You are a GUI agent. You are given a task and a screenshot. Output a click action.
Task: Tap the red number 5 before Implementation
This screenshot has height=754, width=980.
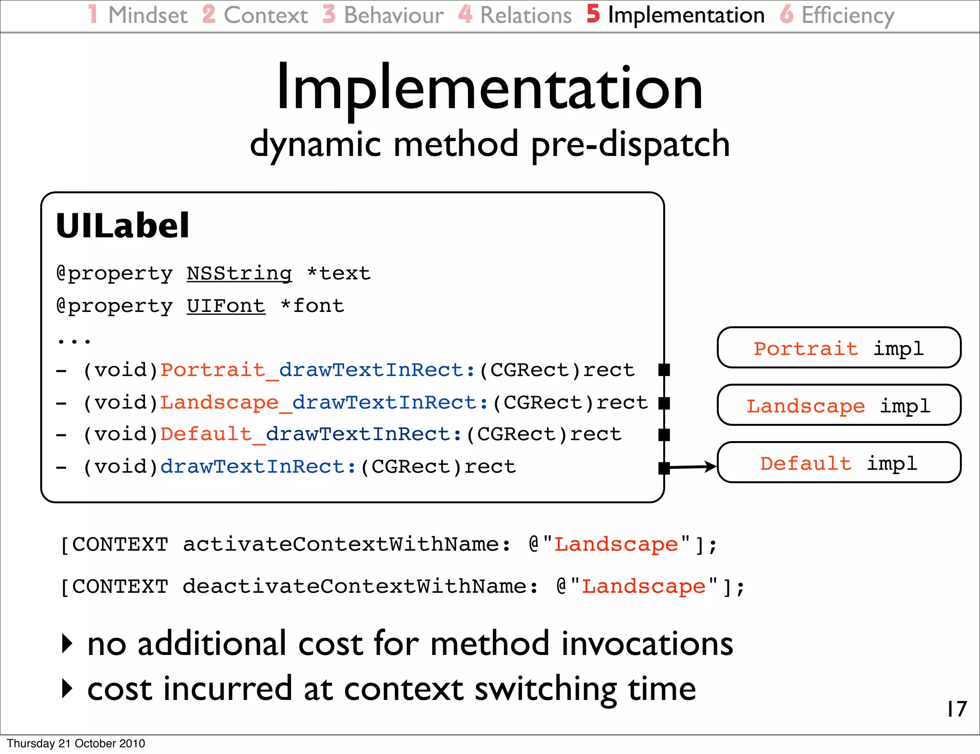(593, 14)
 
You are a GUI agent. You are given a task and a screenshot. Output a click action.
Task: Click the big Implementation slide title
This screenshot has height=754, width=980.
(490, 89)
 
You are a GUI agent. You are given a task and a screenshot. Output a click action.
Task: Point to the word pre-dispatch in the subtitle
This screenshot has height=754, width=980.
(630, 144)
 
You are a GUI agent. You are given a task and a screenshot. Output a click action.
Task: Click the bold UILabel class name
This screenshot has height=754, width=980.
(122, 226)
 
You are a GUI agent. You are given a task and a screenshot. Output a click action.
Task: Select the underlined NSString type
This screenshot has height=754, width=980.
(239, 274)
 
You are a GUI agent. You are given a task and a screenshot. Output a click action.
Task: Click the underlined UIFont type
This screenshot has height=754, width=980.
(225, 306)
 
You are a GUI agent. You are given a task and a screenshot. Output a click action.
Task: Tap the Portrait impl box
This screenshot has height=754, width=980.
(838, 348)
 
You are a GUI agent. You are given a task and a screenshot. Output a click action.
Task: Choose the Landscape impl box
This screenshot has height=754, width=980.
(838, 405)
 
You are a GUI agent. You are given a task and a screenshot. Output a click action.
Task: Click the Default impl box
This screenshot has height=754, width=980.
(838, 463)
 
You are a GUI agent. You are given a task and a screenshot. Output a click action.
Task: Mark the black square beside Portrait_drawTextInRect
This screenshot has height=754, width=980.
(664, 370)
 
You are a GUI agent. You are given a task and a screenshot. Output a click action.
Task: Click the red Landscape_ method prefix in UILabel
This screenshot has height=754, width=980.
(225, 403)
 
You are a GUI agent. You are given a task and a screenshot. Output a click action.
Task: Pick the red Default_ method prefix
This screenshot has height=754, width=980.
(212, 434)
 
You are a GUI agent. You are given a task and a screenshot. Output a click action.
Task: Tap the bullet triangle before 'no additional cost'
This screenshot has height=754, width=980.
(67, 643)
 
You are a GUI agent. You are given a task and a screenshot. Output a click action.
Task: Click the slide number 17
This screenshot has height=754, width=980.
(957, 709)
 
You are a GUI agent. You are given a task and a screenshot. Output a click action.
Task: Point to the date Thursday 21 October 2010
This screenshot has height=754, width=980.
(76, 743)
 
